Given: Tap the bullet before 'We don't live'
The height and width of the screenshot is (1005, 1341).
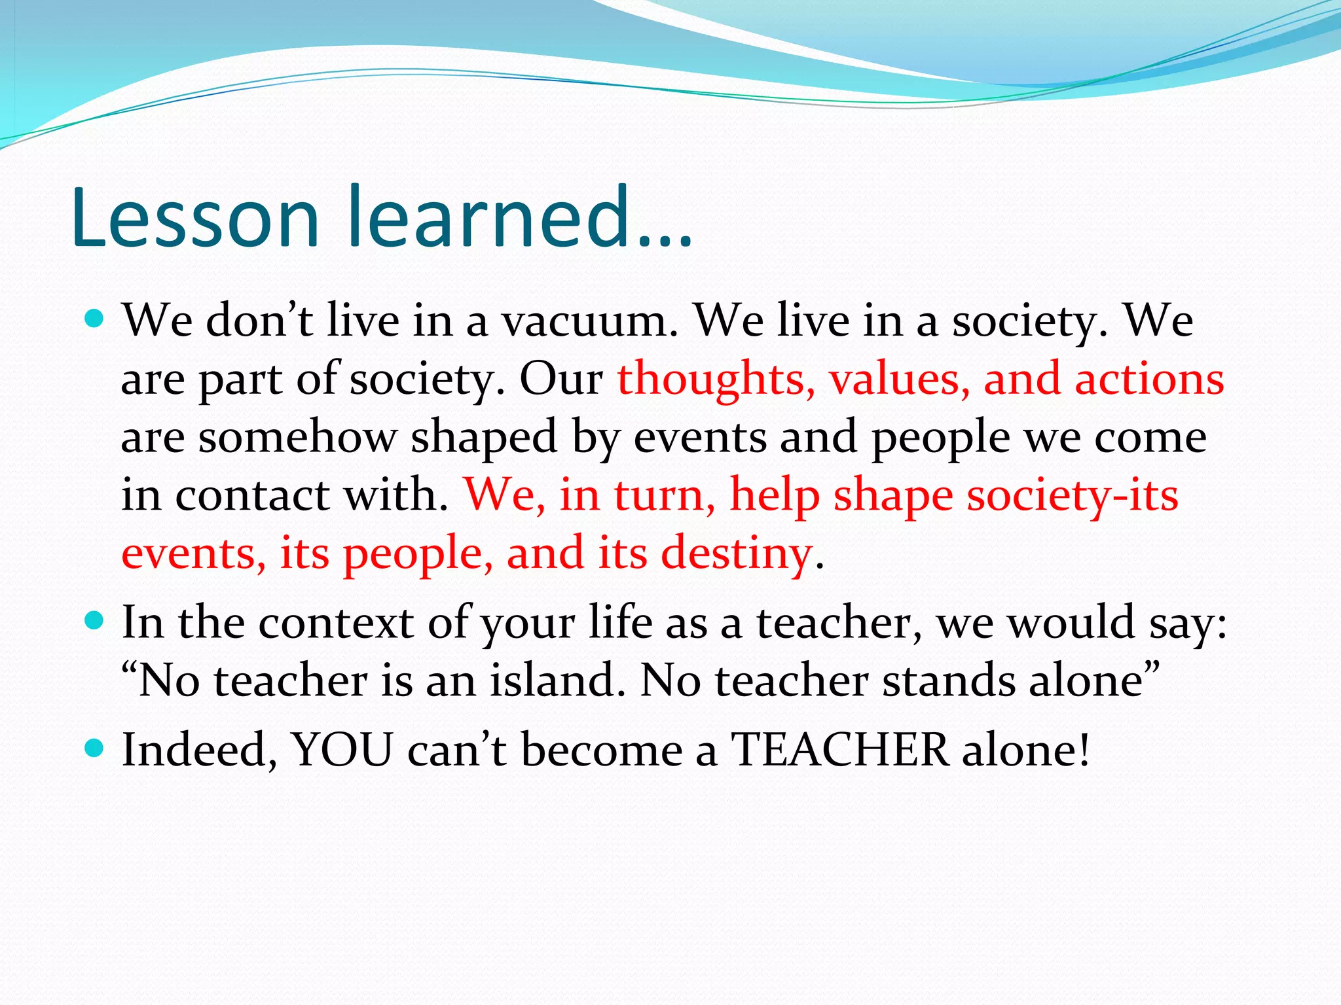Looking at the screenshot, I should [95, 320].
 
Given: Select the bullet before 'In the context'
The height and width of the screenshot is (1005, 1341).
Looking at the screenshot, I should [95, 621].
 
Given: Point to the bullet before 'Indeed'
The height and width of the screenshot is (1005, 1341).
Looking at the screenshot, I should [95, 748].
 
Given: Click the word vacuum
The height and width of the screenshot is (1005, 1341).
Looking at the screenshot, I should [590, 322].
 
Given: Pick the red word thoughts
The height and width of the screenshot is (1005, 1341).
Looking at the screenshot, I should [716, 379].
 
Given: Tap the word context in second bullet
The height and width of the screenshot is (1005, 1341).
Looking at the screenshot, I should [336, 623].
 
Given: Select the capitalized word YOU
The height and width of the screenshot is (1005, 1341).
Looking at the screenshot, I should [342, 750].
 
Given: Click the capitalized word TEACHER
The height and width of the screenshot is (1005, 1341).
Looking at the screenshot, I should [839, 750].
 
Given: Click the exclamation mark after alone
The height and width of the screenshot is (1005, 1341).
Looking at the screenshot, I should [1084, 750].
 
